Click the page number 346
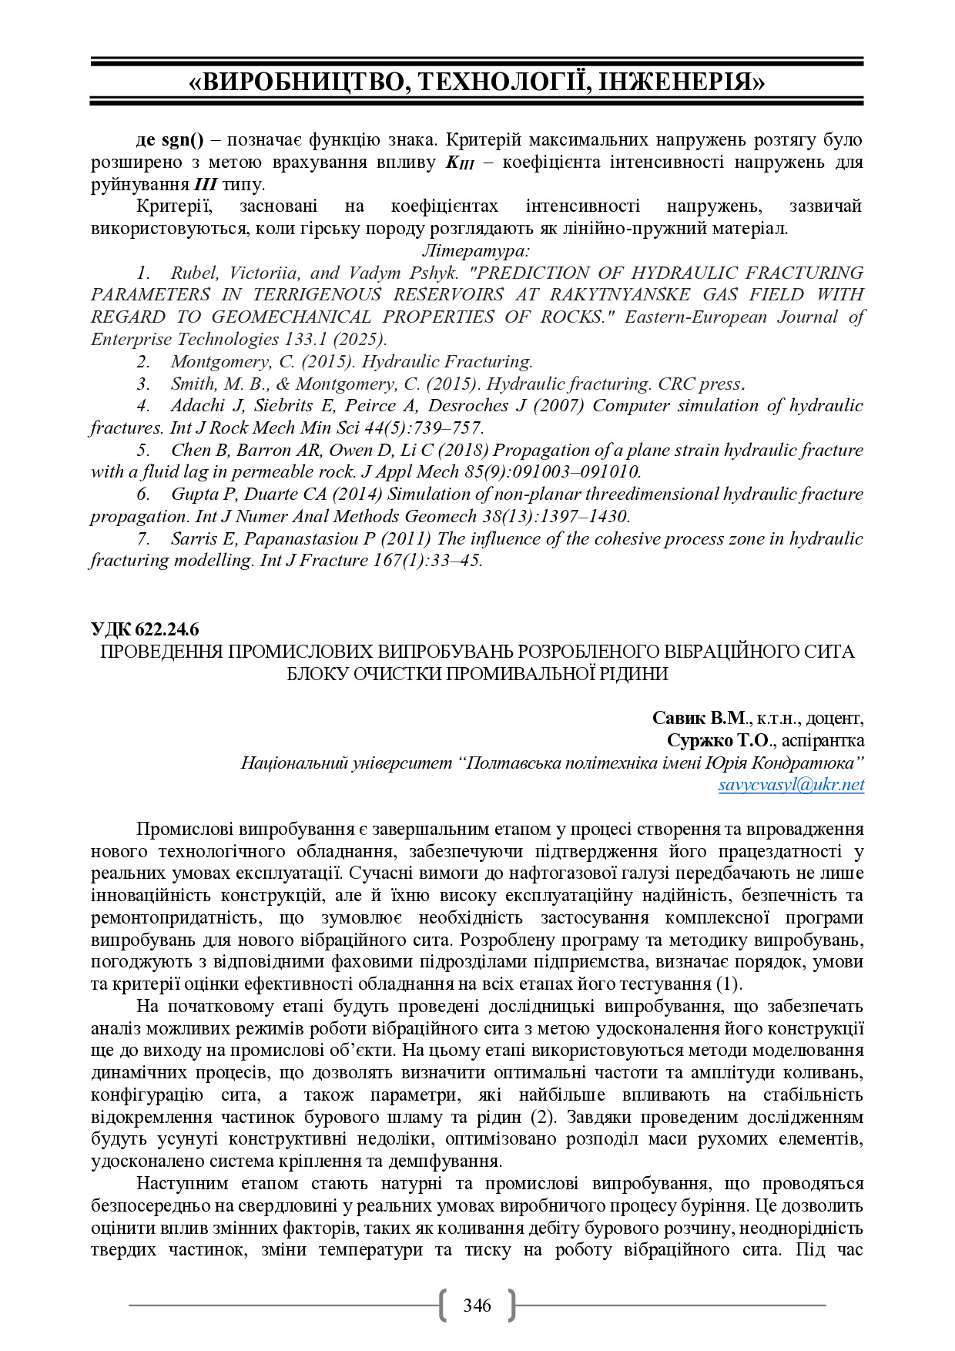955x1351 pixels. coord(477,1305)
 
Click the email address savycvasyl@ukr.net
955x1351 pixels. coord(791,785)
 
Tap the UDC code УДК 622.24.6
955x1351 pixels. coord(145,629)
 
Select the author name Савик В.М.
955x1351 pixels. coord(699,718)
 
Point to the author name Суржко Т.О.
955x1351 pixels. coord(718,740)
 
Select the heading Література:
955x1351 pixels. coord(476,250)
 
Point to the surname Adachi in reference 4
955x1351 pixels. coord(197,405)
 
